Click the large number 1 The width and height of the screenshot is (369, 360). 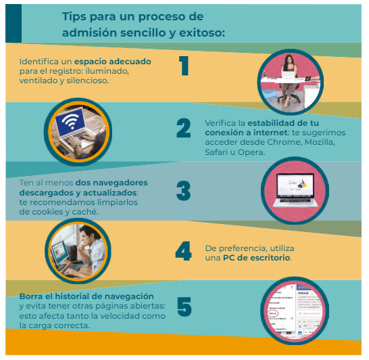tap(184, 66)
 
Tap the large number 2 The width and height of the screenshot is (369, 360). tap(184, 128)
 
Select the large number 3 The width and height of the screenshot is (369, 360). tap(184, 191)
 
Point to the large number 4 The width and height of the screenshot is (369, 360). tap(184, 251)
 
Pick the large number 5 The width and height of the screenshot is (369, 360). tap(184, 307)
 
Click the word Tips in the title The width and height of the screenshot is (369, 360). tap(74, 17)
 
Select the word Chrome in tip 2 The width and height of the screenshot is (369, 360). tap(284, 142)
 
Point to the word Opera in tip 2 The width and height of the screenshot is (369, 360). tap(251, 152)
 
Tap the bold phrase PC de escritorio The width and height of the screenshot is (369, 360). tap(256, 258)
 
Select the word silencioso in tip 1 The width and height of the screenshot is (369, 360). tap(88, 81)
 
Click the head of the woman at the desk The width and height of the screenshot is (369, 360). tap(289, 60)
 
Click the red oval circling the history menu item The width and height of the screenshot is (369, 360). tap(273, 313)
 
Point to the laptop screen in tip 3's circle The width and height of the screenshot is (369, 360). tap(295, 185)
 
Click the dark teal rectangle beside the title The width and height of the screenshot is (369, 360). tap(14, 23)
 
